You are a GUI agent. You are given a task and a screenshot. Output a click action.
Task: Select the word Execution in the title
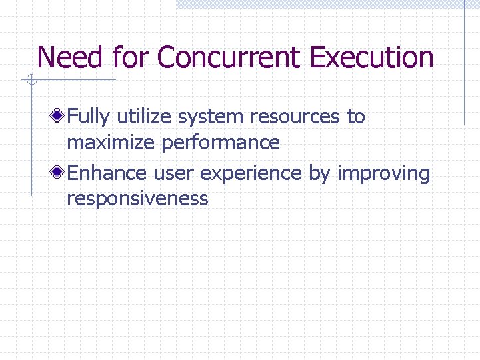tap(372, 57)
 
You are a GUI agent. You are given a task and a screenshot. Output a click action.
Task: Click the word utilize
tap(142, 117)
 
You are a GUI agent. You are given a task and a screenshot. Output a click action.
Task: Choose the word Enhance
tap(109, 173)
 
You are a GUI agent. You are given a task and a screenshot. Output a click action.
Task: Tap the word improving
tap(384, 174)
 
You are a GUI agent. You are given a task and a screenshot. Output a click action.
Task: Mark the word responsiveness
tap(138, 199)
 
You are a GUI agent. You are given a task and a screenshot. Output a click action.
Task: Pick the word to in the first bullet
tap(355, 117)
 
